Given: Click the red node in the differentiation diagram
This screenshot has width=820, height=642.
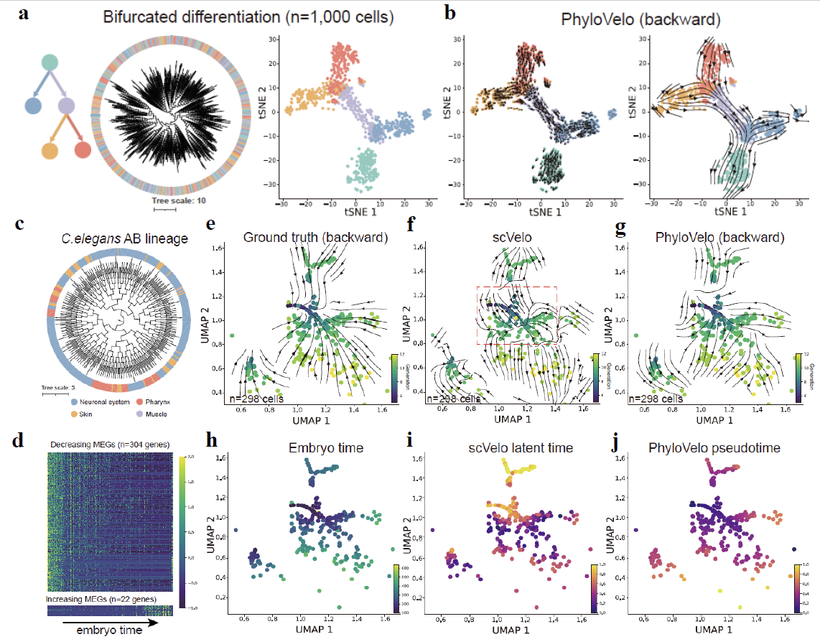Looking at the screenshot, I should click(83, 150).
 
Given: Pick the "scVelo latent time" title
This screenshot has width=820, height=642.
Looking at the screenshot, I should click(517, 448).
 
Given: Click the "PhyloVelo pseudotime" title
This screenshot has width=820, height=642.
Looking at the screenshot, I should click(714, 448).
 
